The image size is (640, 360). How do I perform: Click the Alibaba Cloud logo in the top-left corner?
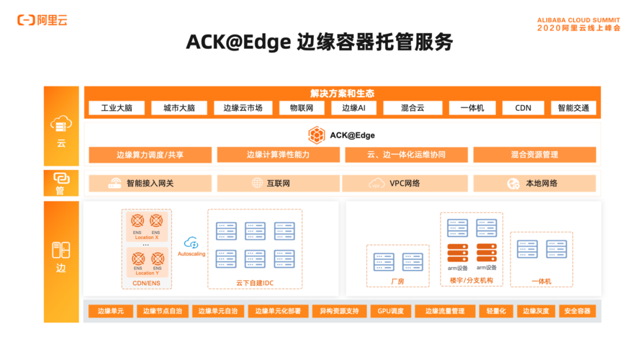pos(43,20)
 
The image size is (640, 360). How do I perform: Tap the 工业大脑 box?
pos(116,108)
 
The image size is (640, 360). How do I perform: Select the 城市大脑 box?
pos(179,108)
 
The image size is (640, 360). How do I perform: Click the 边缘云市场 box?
pos(243,108)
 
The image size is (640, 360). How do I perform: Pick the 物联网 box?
pos(301,108)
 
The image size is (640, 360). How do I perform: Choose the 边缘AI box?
pos(353,108)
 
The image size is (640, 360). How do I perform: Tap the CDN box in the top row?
pos(523,108)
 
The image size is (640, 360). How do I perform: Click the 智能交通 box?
pos(573,108)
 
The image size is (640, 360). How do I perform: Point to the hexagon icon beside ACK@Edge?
pos(316,135)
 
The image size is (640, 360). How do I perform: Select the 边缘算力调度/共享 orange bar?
pos(150,155)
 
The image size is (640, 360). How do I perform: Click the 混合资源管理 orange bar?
pos(534,155)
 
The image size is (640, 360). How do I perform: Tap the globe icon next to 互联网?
pos(257,184)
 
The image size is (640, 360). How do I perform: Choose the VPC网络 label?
pos(405,184)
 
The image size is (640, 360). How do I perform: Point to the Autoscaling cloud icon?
pos(191,243)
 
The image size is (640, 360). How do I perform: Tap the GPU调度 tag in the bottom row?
pos(392,311)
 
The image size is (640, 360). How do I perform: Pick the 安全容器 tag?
pos(577,311)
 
